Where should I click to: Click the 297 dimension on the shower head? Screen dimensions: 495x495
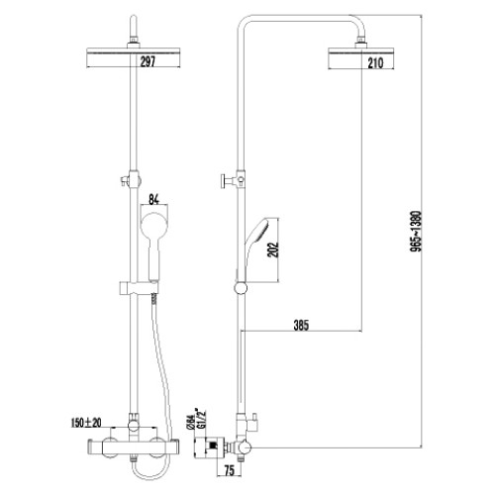tap(148, 61)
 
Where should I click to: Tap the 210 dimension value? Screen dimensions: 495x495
tap(375, 63)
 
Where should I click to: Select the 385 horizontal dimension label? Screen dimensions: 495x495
tap(301, 325)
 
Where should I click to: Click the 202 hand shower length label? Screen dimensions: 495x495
tap(273, 249)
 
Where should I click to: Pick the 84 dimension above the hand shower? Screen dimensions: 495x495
tap(154, 200)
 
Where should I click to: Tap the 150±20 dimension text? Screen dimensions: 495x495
tap(86, 423)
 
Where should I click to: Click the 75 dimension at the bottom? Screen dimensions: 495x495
tap(229, 471)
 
